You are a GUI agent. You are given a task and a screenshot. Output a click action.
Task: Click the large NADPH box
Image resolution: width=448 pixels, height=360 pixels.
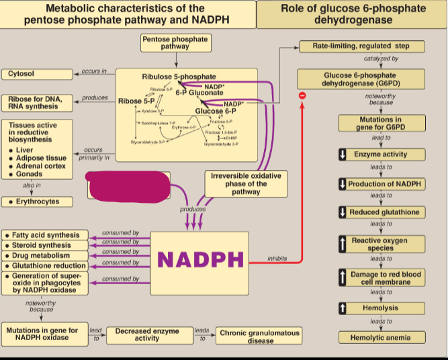(x=199, y=259)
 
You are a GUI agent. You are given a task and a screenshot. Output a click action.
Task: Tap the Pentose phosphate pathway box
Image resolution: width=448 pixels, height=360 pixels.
(x=175, y=43)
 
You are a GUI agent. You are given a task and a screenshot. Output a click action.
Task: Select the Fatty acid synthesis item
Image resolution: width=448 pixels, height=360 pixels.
(x=46, y=236)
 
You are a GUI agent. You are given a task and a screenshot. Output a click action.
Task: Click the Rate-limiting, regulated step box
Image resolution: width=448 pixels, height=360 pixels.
(x=363, y=46)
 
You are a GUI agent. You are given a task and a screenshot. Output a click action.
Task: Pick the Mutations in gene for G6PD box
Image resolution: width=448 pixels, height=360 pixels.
(x=381, y=124)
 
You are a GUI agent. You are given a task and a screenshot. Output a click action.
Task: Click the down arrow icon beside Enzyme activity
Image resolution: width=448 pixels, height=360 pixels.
(x=342, y=154)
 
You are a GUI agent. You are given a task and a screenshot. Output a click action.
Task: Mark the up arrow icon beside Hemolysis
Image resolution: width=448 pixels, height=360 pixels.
(x=342, y=308)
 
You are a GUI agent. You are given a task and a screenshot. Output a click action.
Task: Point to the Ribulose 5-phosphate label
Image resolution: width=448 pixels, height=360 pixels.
(x=179, y=77)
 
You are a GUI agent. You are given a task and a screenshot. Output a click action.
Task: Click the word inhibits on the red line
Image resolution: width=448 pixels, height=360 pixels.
(x=277, y=258)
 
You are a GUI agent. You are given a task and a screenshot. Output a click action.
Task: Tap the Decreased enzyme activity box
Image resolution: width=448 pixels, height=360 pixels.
(x=147, y=334)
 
